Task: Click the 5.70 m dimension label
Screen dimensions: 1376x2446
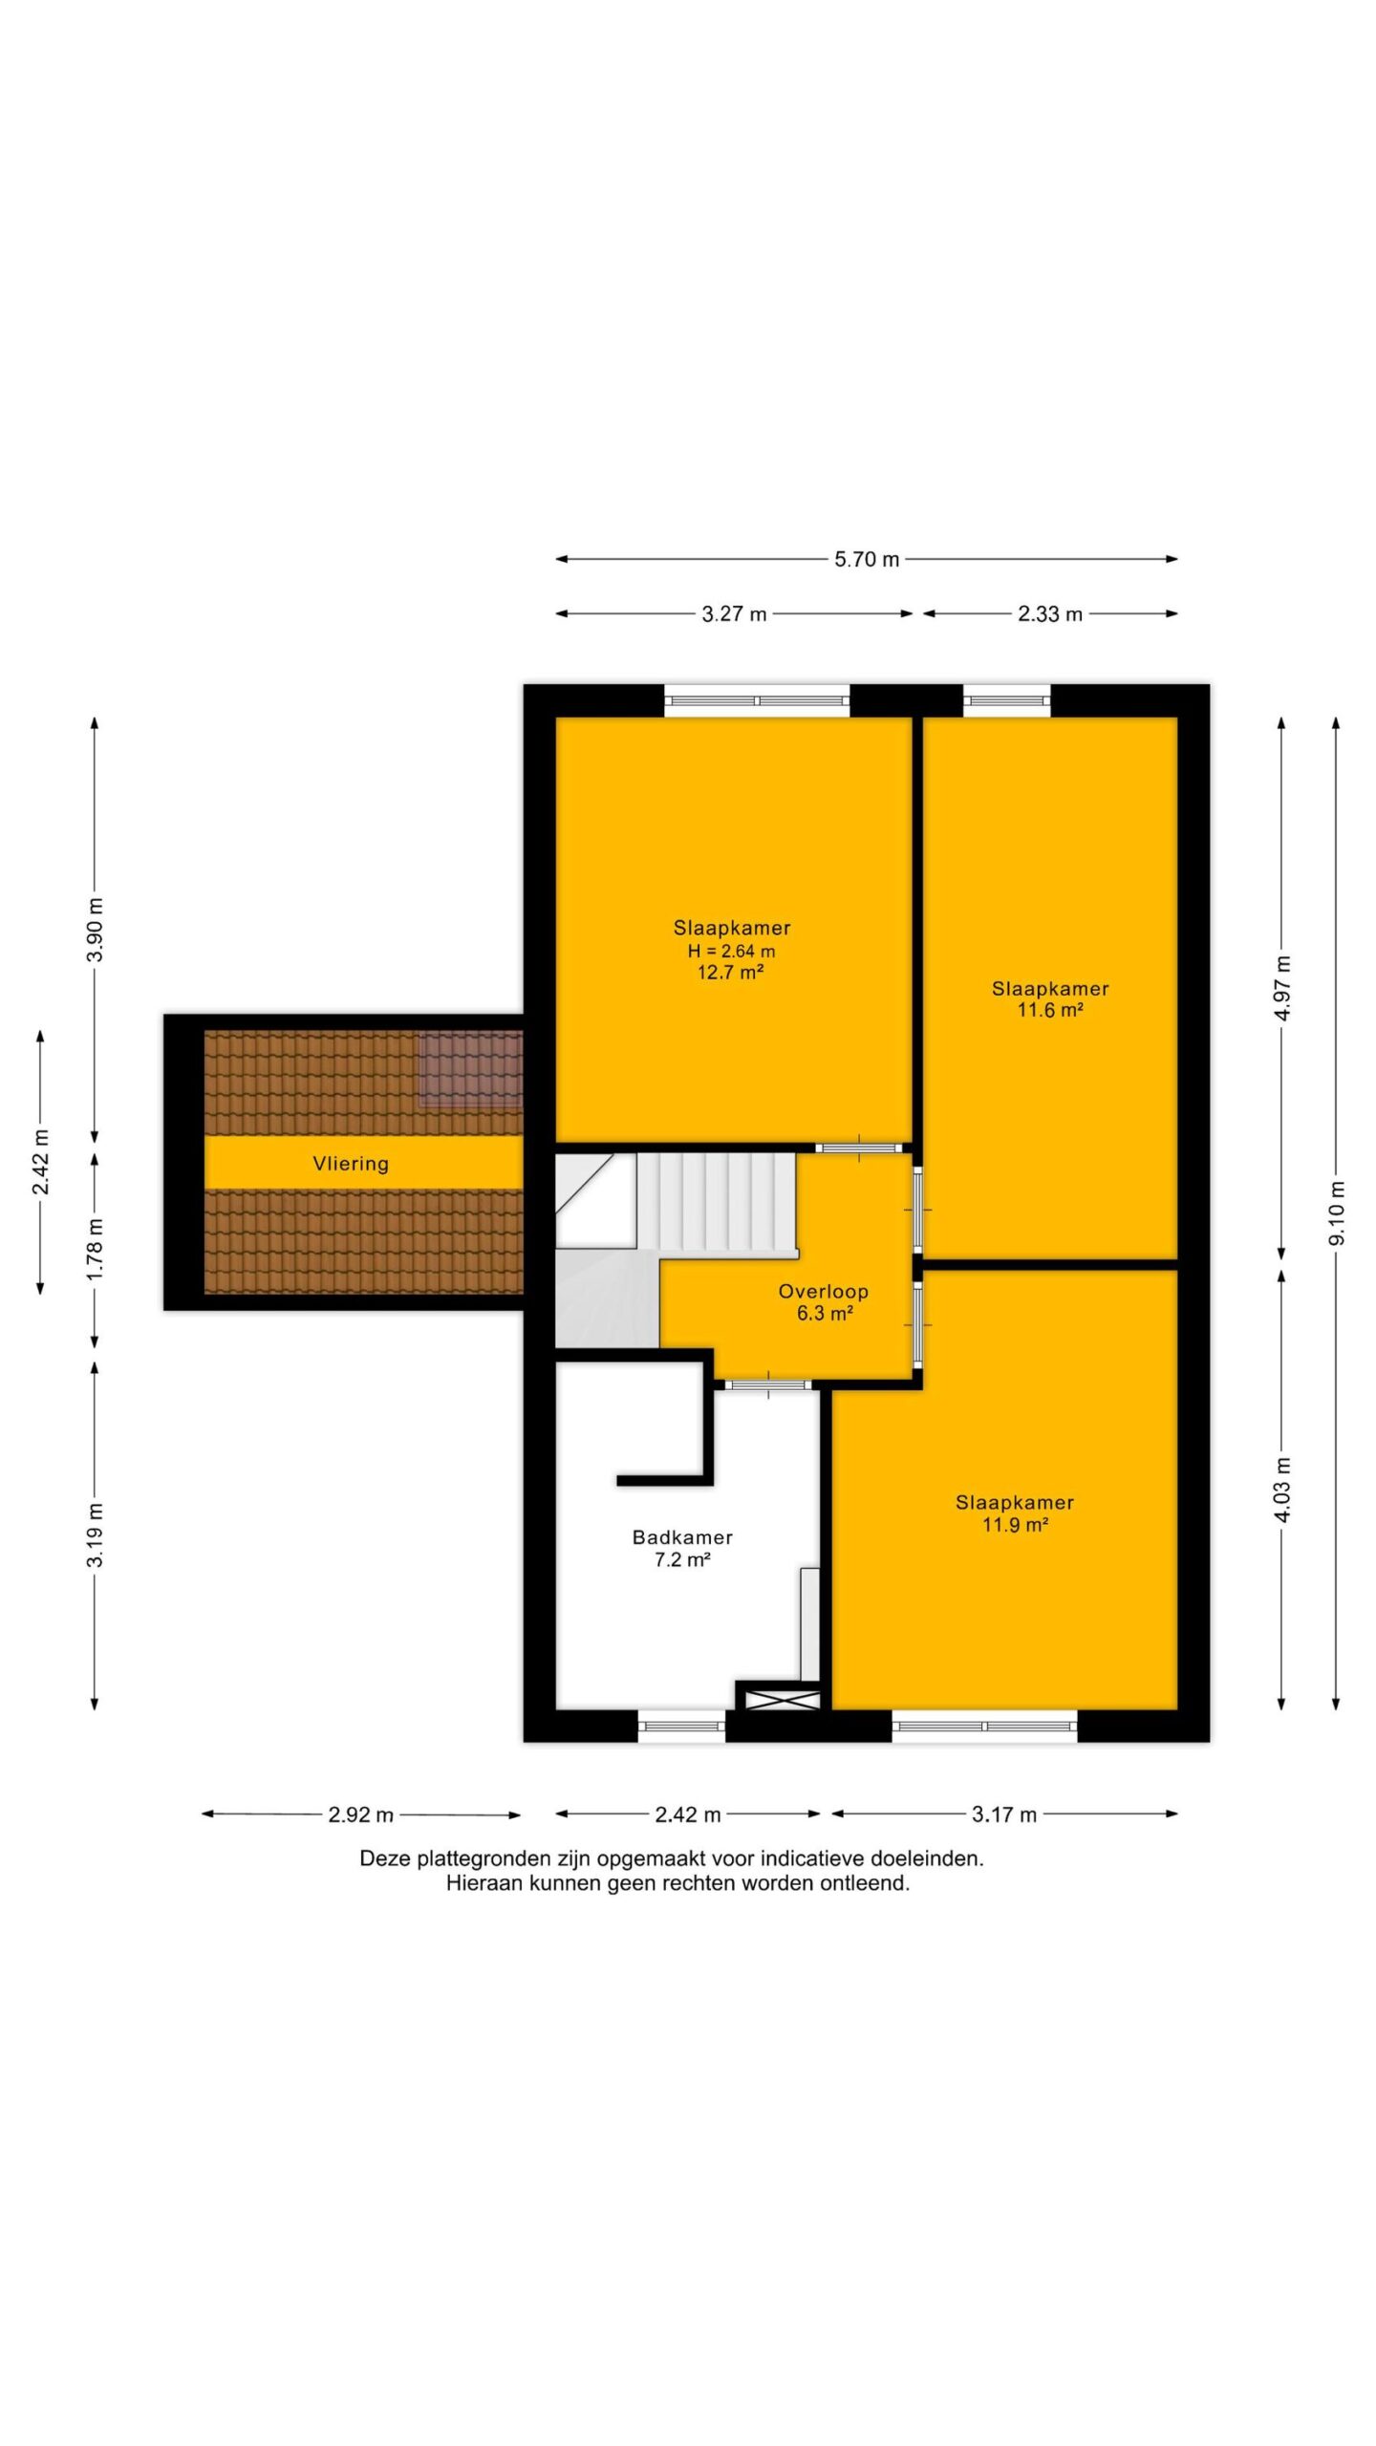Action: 867,560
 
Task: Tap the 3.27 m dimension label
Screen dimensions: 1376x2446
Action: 734,614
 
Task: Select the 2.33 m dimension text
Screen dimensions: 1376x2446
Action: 1049,614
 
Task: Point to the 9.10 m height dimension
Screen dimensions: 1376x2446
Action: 1337,1212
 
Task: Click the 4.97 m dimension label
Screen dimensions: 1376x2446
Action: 1282,988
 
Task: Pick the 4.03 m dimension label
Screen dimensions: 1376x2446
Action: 1282,1490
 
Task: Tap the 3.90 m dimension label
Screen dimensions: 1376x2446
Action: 95,931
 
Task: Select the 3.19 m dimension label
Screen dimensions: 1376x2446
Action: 95,1535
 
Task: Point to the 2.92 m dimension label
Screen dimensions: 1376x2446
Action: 360,1814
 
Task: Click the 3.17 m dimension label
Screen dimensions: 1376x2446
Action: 1003,1814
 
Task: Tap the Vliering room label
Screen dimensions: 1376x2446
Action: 351,1164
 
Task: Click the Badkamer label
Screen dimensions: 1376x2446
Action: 682,1537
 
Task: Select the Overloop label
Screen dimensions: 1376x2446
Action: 823,1292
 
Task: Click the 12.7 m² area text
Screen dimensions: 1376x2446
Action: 730,973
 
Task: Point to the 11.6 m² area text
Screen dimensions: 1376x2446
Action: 1049,1010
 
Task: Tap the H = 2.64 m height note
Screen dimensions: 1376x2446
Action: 731,951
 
